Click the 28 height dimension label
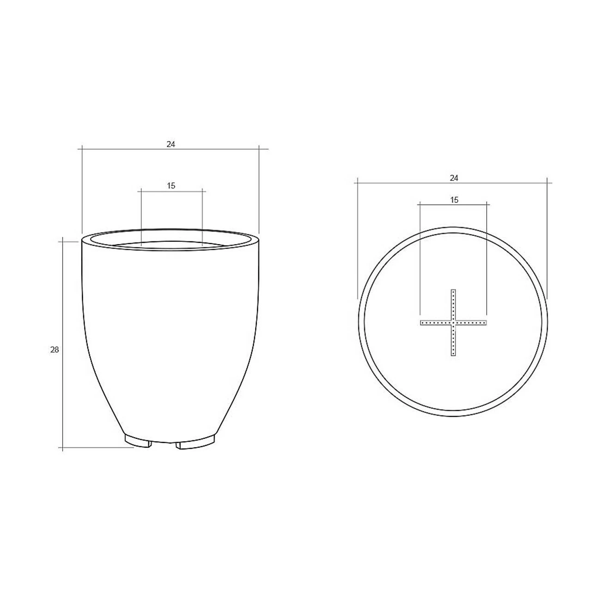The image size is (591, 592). [x=55, y=350]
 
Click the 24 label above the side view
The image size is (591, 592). [x=171, y=144]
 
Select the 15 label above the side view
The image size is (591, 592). [x=171, y=185]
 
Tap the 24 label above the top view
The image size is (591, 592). [x=454, y=178]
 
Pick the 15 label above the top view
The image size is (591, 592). [x=454, y=200]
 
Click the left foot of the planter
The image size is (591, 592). [x=138, y=440]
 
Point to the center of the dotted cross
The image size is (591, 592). [x=453, y=323]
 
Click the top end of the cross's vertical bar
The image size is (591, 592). [x=453, y=290]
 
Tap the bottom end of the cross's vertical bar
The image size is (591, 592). [x=453, y=356]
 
